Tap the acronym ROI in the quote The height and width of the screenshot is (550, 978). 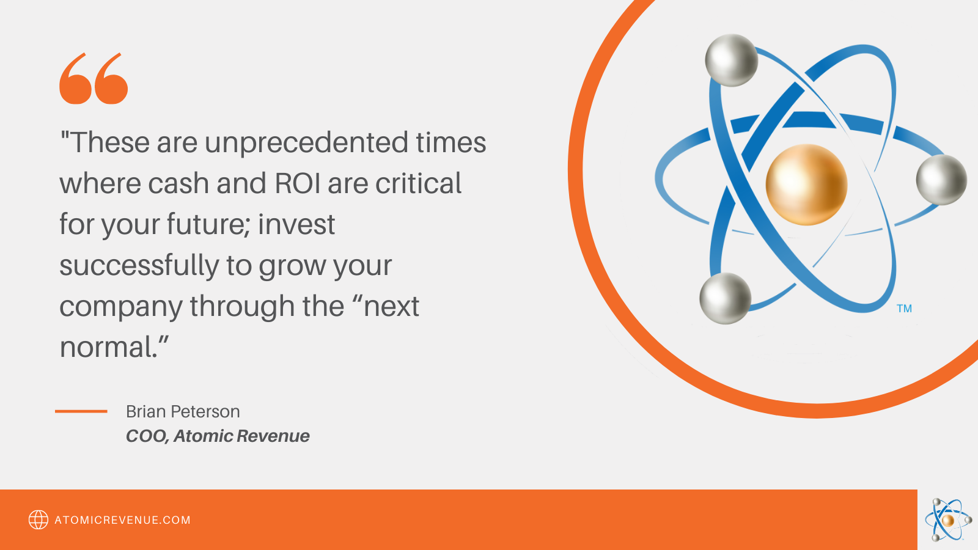coord(297,183)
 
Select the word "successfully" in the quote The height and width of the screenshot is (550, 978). coord(139,266)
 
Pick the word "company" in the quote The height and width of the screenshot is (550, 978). coord(121,307)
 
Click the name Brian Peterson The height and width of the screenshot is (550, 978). coord(183,412)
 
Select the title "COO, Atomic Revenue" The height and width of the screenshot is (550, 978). coord(218,436)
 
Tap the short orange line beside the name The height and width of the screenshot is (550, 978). coord(81,411)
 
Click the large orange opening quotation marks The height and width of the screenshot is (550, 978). coord(94,79)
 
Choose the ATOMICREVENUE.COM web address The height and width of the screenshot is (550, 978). coord(123,520)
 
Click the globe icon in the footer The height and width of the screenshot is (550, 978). coord(39,520)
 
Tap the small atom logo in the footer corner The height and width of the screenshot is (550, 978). coord(948,519)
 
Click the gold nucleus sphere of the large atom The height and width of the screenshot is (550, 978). coord(806,185)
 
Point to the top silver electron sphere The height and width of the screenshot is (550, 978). coord(731,61)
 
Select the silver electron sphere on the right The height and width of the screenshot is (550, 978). coord(941,180)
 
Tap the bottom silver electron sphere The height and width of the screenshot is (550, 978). coord(725,299)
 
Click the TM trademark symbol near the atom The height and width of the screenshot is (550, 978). coord(904,309)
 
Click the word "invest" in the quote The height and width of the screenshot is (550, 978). coord(296,224)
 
